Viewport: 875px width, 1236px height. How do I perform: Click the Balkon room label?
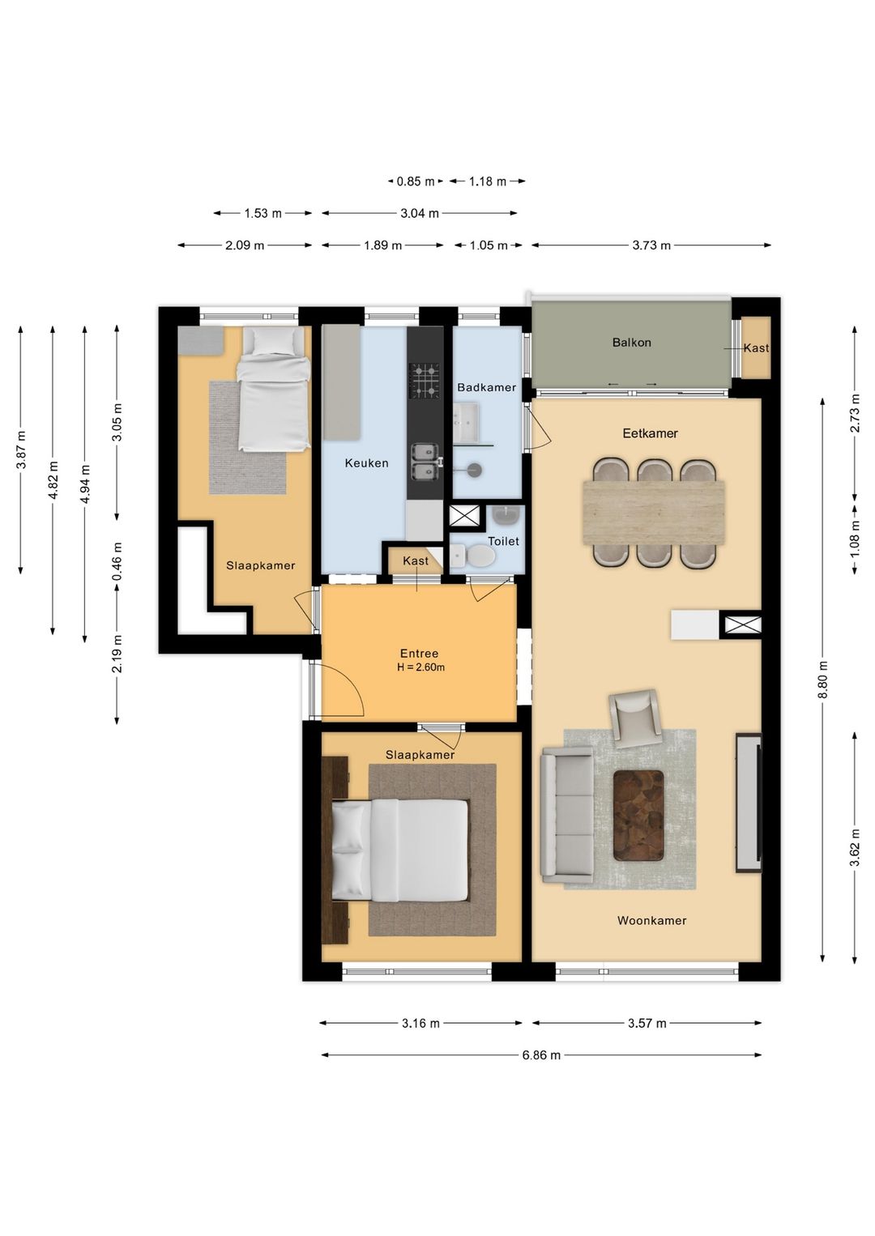tap(632, 342)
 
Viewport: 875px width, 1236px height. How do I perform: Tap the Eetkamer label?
tap(650, 433)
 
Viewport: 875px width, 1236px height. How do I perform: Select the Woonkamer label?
tap(651, 920)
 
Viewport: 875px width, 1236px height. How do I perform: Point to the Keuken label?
tap(366, 463)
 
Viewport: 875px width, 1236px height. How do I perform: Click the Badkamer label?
tap(486, 387)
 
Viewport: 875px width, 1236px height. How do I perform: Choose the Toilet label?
tap(503, 541)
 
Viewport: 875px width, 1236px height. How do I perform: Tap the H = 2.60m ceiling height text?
tap(420, 667)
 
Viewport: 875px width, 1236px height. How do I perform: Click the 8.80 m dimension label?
tap(823, 680)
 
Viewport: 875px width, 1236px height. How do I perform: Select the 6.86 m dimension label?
tap(541, 1055)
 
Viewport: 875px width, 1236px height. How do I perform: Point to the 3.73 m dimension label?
tap(651, 245)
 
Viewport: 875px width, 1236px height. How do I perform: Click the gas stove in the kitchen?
tap(425, 381)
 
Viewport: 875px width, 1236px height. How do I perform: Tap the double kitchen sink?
tap(425, 462)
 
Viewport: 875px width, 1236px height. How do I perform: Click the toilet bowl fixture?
tap(472, 556)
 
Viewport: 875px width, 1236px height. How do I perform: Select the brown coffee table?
tap(638, 815)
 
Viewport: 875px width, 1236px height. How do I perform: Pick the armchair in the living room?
tap(635, 718)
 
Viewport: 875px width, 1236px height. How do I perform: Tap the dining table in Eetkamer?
tap(654, 512)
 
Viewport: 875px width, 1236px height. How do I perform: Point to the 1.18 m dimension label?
tap(488, 181)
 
